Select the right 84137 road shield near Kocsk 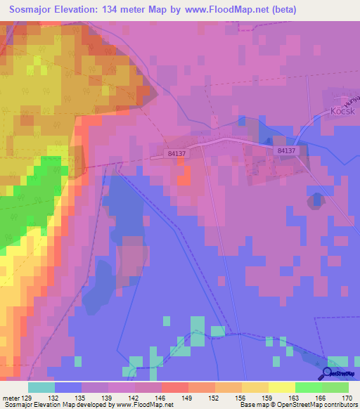[x=285, y=150]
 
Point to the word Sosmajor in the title [x=34, y=10]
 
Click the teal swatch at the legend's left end [x=41, y=387]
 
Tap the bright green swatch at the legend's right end [x=335, y=387]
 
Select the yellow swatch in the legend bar [x=281, y=387]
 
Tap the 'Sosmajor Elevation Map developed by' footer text [x=58, y=405]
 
